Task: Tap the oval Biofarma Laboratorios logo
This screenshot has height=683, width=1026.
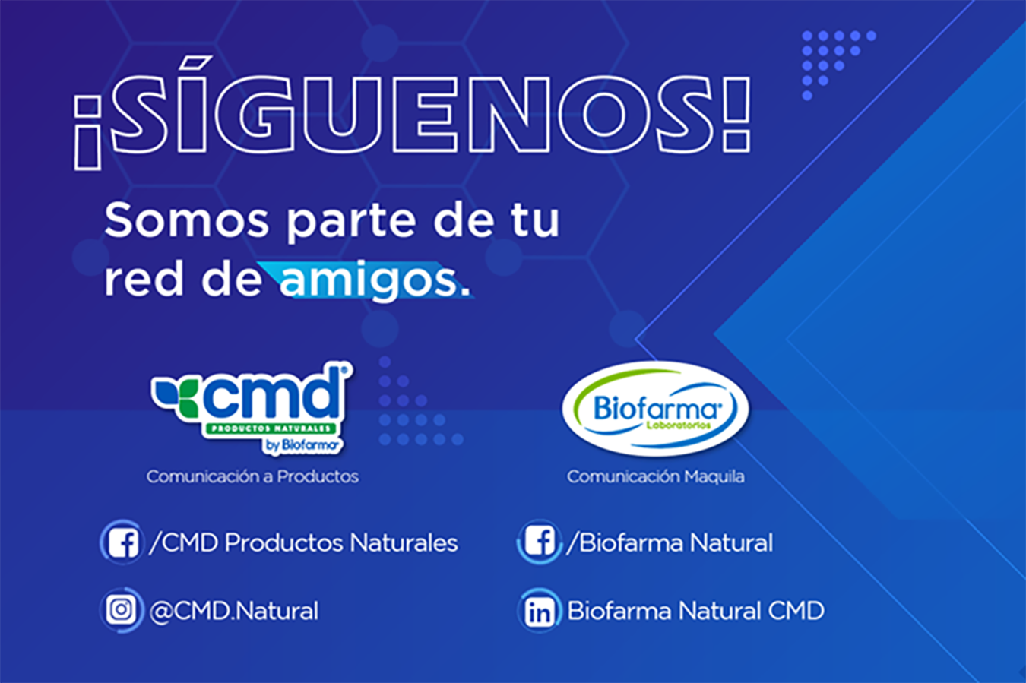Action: [655, 409]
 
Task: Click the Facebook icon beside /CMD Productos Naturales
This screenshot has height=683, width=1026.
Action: [122, 542]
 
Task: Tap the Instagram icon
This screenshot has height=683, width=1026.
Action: [122, 610]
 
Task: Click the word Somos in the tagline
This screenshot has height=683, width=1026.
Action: [186, 220]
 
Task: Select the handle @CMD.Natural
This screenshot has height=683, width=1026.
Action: [233, 611]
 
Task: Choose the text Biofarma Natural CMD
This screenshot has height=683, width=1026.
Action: [695, 611]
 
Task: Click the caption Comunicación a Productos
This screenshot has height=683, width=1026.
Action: [252, 476]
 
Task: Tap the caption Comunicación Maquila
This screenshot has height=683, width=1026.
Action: [655, 476]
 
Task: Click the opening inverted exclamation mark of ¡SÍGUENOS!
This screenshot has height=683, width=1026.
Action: [87, 133]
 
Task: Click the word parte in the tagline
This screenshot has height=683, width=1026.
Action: [344, 223]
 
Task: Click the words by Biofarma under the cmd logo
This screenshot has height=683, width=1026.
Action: [301, 445]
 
